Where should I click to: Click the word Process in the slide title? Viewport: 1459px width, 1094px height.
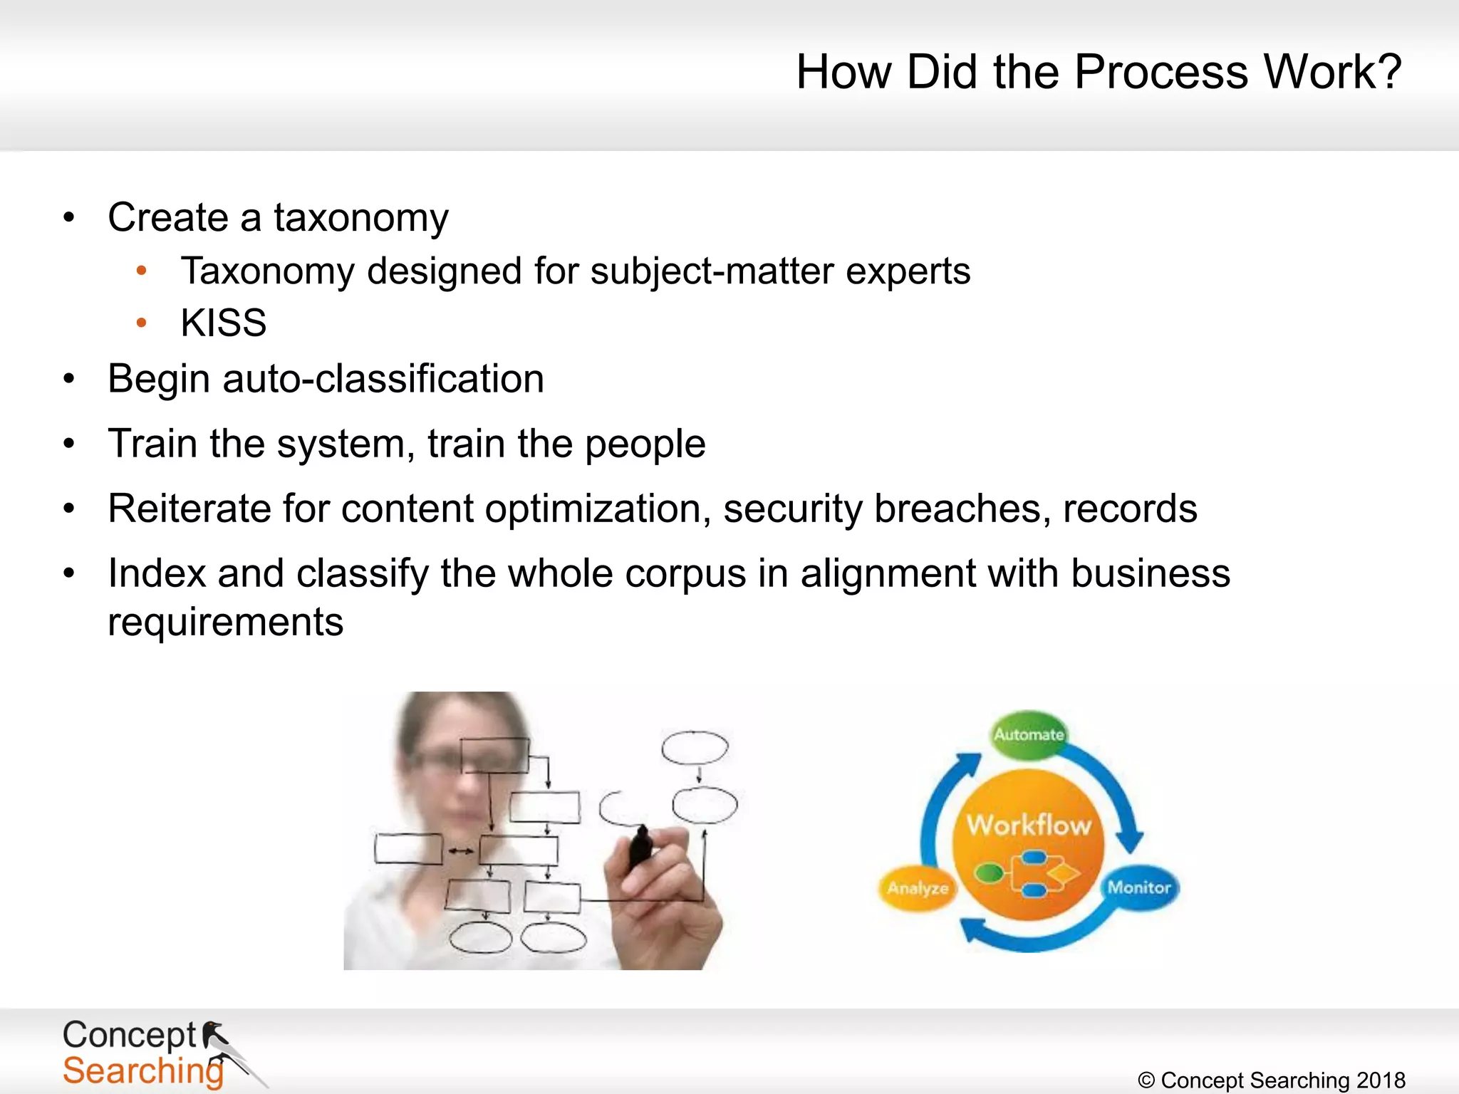[1161, 72]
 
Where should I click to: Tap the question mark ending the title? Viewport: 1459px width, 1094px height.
[1388, 72]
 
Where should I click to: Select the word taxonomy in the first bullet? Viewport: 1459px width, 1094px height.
[361, 218]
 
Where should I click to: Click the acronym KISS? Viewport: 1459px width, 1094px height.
[224, 323]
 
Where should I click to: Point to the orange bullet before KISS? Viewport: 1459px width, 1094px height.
[141, 323]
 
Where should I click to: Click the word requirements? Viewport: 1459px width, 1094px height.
[226, 622]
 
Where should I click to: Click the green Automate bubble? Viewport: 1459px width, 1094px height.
[1029, 734]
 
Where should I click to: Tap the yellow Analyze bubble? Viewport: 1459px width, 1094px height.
[918, 888]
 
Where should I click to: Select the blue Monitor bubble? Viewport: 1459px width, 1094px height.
[1139, 887]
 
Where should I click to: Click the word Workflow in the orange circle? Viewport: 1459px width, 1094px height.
[1029, 825]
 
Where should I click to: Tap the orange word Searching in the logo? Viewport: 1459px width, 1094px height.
[142, 1070]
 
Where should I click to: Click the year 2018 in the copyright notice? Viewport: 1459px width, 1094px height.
[1381, 1080]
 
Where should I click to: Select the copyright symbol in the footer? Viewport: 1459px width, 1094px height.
[1146, 1080]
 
